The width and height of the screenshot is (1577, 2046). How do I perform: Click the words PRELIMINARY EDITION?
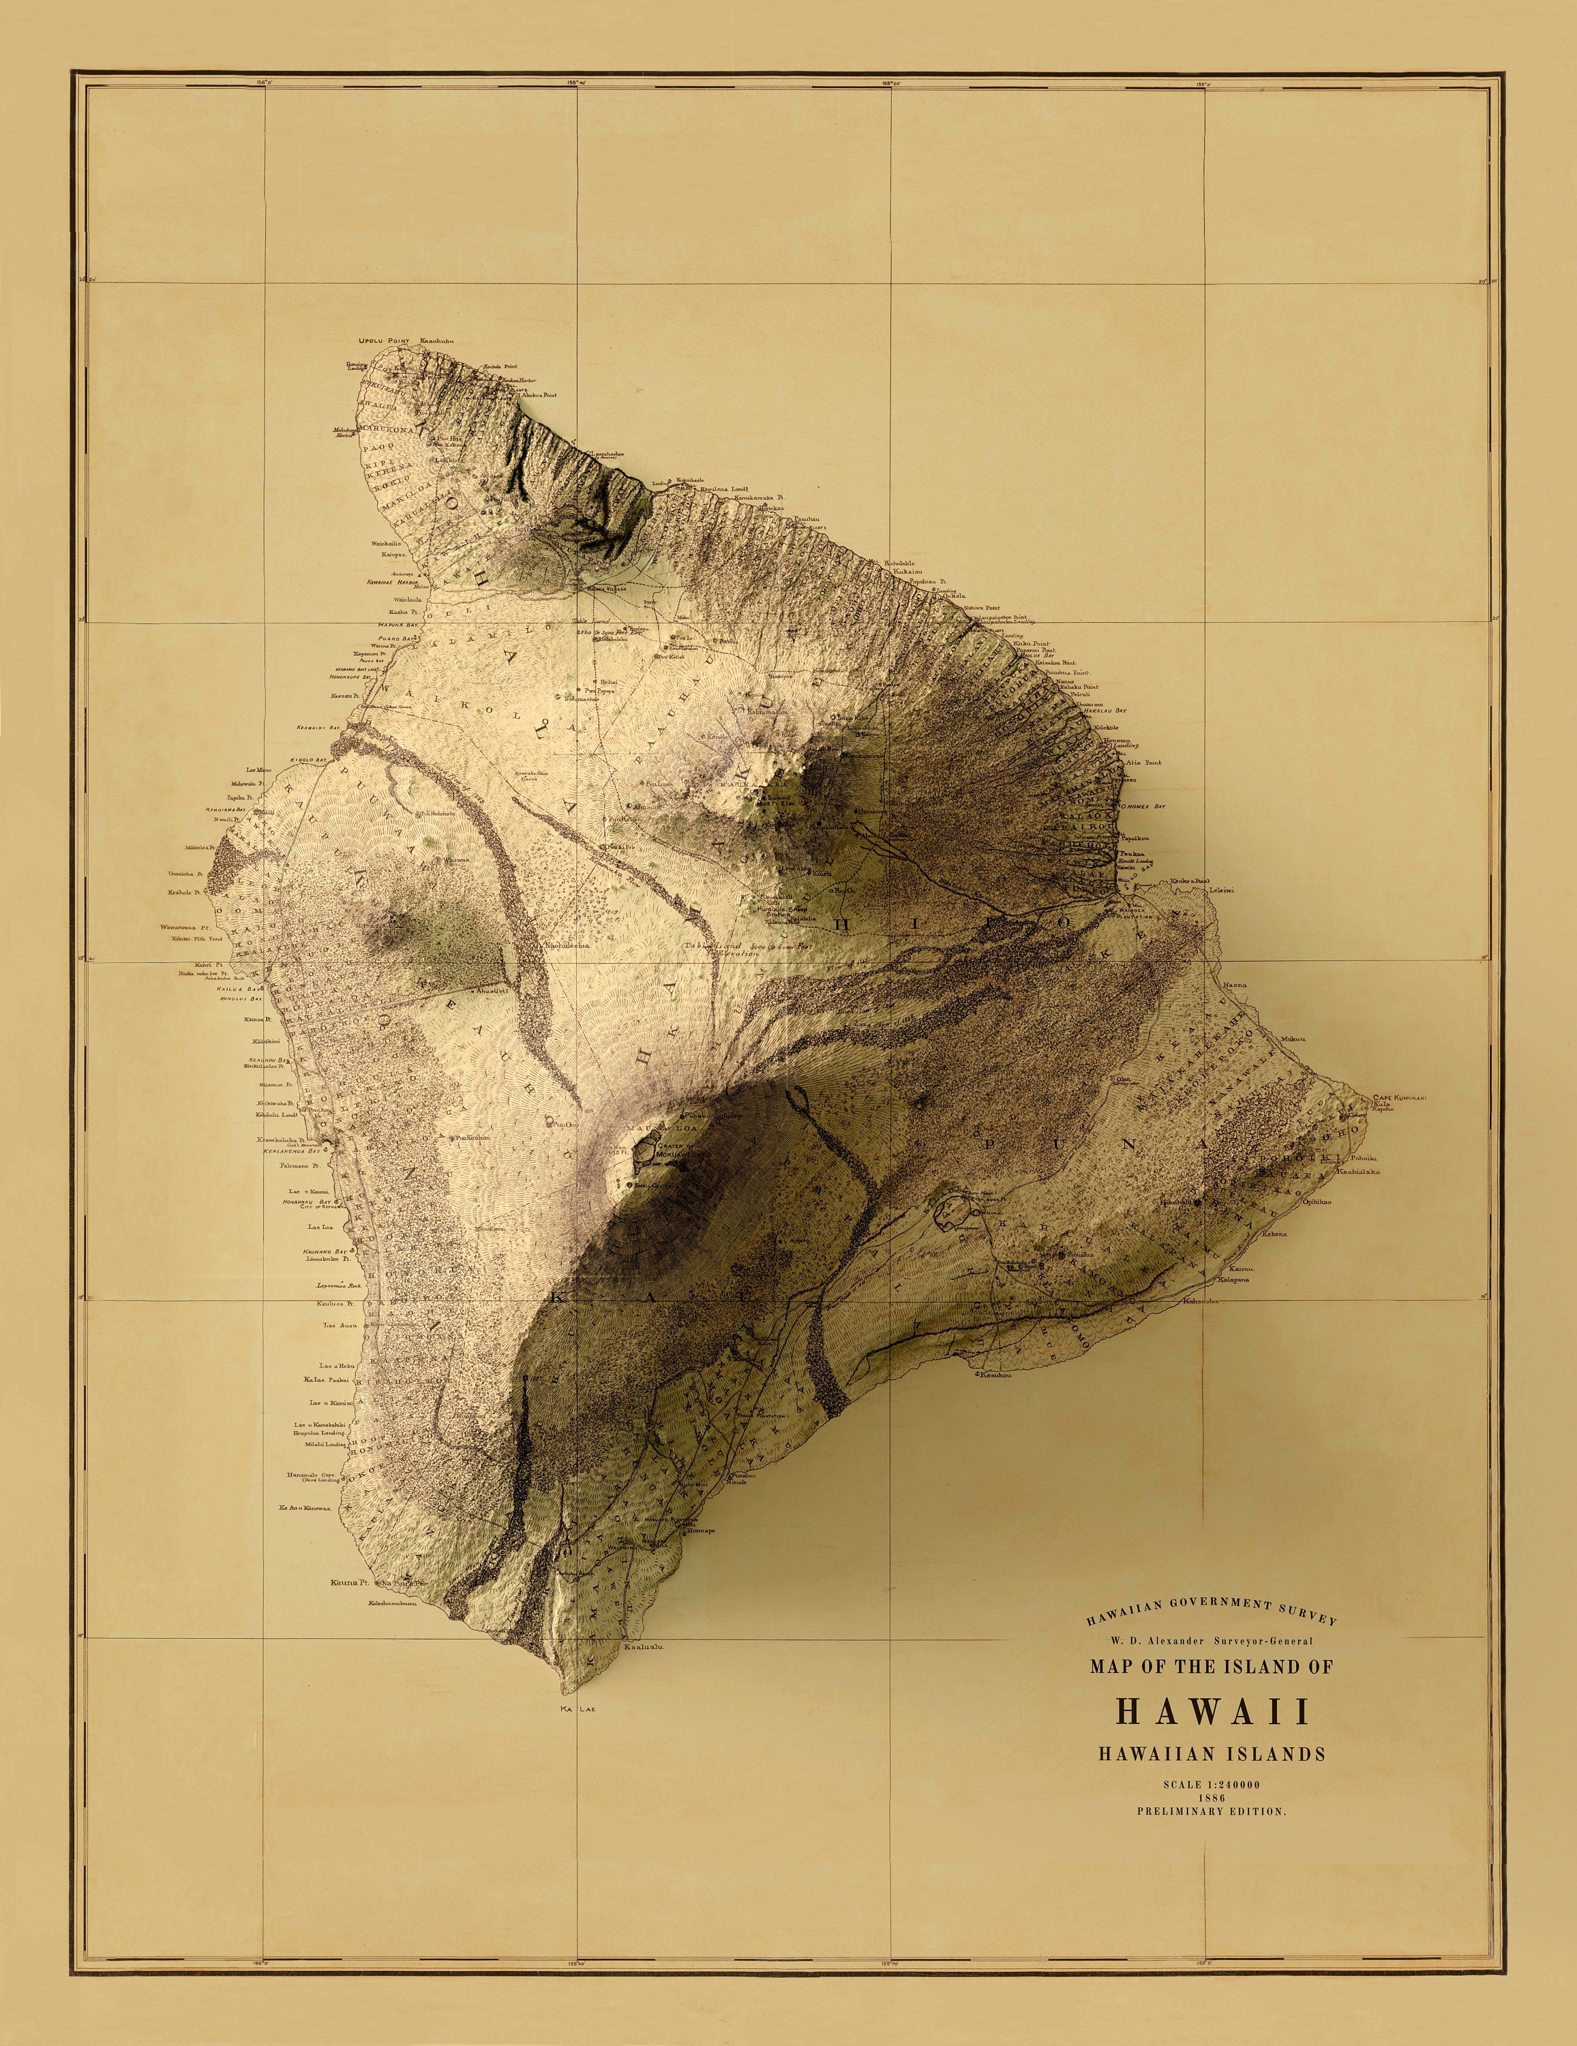coord(1212,1813)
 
